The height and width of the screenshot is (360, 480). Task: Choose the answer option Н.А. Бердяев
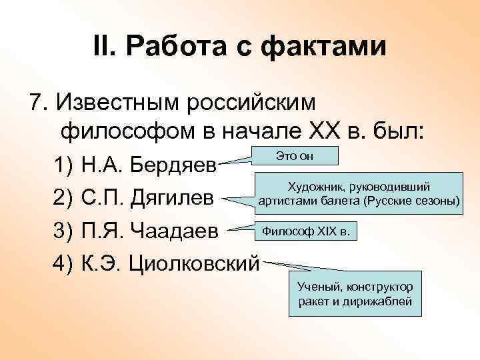pyautogui.click(x=148, y=164)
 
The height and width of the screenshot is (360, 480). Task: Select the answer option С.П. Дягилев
pyautogui.click(x=147, y=198)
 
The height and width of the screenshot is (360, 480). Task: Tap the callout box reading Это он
pyautogui.click(x=295, y=155)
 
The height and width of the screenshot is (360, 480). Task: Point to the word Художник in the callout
pyautogui.click(x=311, y=188)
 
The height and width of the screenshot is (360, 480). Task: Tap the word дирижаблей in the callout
pyautogui.click(x=386, y=301)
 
